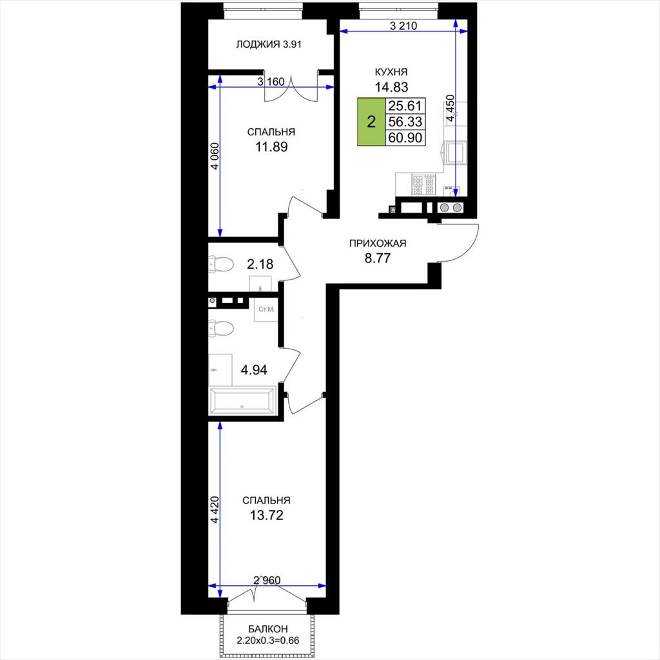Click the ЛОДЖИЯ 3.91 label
click(269, 44)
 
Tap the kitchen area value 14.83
click(391, 87)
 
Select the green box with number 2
click(371, 122)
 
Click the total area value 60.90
click(405, 138)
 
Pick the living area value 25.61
click(405, 105)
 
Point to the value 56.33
click(405, 122)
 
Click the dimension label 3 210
click(403, 26)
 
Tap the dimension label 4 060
click(215, 156)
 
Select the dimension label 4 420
click(215, 510)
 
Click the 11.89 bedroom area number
click(271, 147)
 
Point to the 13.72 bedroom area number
click(266, 515)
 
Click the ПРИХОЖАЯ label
click(378, 243)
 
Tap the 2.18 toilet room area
click(260, 264)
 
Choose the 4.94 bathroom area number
click(254, 370)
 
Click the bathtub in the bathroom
click(242, 401)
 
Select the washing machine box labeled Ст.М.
click(266, 309)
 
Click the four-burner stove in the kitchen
click(423, 185)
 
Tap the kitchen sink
click(456, 152)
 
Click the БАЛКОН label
click(267, 629)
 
